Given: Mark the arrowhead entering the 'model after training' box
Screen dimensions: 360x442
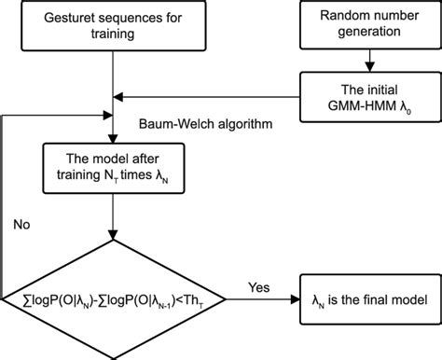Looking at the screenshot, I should (x=114, y=134).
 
